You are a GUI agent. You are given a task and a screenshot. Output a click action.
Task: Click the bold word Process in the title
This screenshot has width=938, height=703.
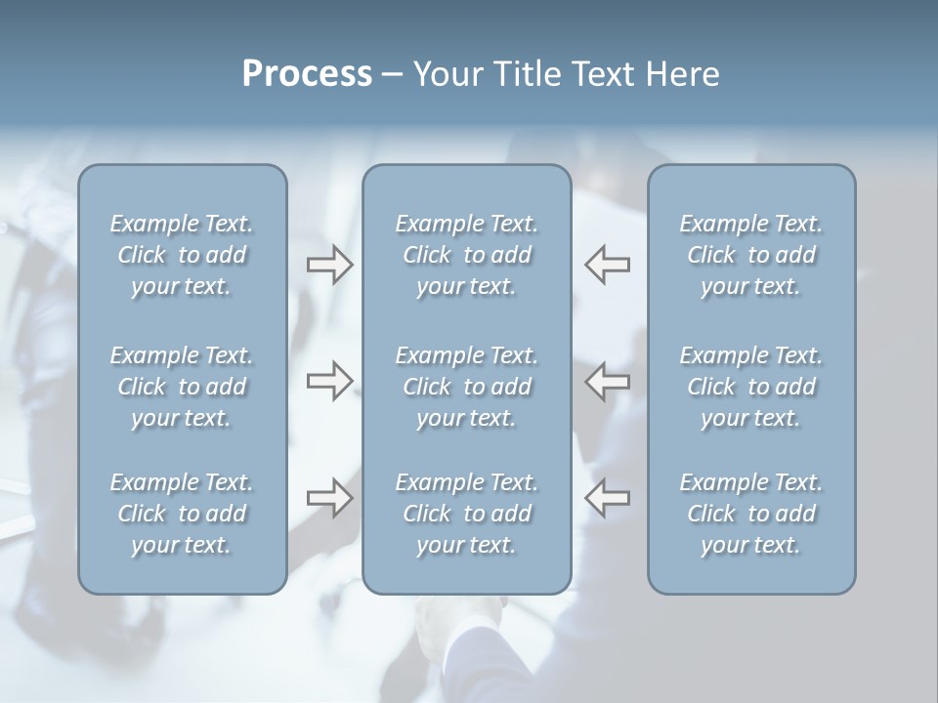[x=307, y=74]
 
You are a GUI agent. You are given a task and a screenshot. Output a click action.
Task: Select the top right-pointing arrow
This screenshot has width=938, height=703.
[x=330, y=265]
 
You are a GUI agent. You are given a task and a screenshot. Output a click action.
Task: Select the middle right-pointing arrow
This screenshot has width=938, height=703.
[x=330, y=381]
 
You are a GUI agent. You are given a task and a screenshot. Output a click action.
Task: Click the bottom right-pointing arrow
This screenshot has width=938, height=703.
[x=330, y=498]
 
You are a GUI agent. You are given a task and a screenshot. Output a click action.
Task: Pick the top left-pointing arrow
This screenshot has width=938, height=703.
[x=607, y=265]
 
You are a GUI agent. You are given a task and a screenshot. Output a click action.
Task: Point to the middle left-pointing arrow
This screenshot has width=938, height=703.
[x=607, y=381]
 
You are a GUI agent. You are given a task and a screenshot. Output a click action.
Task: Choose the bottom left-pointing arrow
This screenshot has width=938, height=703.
[x=607, y=498]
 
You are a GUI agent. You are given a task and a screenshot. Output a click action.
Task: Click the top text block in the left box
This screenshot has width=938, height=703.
[x=182, y=255]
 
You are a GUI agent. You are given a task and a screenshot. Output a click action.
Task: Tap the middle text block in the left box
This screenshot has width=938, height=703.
[x=182, y=387]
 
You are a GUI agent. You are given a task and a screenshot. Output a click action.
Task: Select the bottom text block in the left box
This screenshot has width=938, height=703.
[x=182, y=514]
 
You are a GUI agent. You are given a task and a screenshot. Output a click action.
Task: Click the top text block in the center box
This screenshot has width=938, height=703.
[x=466, y=255]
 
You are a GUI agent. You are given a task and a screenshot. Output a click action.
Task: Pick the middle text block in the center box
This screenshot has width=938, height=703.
[x=466, y=387]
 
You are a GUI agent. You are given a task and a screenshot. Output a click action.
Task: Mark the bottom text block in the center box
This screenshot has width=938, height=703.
[x=466, y=514]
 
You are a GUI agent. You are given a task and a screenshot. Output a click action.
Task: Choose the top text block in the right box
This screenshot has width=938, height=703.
[x=750, y=255]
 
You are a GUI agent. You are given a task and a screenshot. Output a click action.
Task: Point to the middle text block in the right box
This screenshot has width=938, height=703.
[x=750, y=387]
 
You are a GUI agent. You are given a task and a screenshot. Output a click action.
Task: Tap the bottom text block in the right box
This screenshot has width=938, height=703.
[x=750, y=514]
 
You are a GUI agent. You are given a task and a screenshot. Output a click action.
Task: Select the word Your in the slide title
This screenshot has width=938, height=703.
[x=448, y=74]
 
